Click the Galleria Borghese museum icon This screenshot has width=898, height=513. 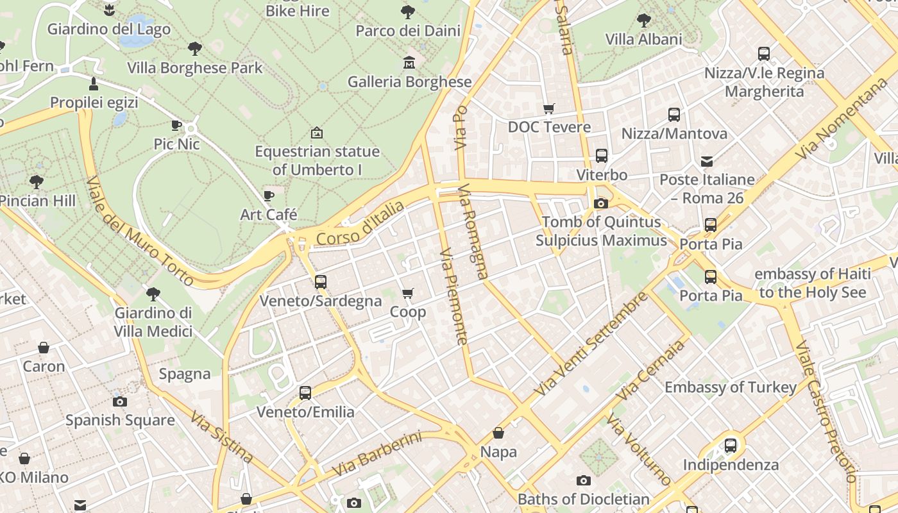pos(409,62)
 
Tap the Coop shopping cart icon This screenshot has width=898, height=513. pos(407,293)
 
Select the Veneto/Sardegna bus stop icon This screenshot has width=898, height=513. pos(320,282)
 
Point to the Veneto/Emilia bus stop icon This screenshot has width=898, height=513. pos(305,392)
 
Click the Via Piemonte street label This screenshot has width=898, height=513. pos(453,296)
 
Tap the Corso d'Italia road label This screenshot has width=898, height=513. pos(360,223)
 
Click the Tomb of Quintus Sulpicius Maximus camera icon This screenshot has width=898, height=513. pos(601,203)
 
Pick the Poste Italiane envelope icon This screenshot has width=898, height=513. pos(707,161)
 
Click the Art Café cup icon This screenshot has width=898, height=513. pos(269,195)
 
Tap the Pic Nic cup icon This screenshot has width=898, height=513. pos(177,125)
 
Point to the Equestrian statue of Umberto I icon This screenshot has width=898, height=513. pos(316,133)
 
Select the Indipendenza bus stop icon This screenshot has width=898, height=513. pos(730,445)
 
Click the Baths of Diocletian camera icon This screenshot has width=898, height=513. pos(583,480)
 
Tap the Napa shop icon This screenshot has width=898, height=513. pos(498,433)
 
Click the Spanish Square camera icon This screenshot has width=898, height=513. pos(120,401)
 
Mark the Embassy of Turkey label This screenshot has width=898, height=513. pos(731,387)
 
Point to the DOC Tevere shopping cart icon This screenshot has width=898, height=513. pos(548,108)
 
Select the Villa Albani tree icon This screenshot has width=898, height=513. pos(643,21)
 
